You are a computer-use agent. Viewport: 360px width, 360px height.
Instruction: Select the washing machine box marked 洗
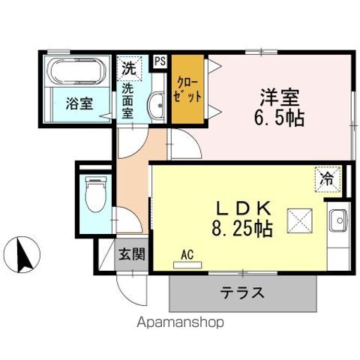[x=129, y=67]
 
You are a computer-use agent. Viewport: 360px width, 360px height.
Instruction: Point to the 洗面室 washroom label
[x=129, y=100]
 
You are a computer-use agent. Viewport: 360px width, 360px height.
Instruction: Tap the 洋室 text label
[x=280, y=97]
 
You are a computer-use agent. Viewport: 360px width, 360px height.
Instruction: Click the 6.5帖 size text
[x=278, y=118]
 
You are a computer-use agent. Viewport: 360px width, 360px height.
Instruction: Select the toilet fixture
[x=95, y=197]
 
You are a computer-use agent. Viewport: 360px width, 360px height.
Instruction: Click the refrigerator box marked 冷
[x=327, y=178]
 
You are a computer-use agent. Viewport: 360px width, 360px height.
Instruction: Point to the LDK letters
[x=238, y=206]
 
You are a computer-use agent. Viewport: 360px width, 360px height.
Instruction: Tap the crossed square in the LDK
[x=299, y=220]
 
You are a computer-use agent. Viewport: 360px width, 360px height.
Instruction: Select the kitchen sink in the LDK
[x=337, y=222]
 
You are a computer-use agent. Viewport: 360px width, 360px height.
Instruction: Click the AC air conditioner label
[x=187, y=255]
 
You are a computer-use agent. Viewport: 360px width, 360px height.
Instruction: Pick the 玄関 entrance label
[x=131, y=254]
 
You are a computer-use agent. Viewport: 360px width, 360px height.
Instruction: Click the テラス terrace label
[x=242, y=292]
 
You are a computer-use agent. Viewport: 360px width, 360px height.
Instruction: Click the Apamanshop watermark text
[x=178, y=323]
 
